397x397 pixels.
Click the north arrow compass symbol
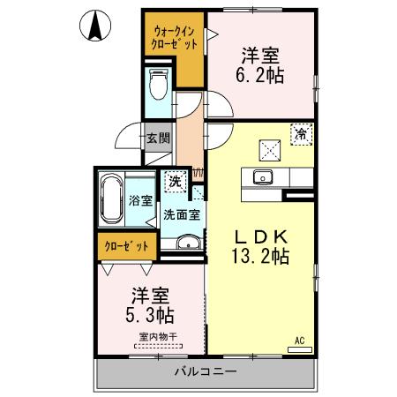[94, 26]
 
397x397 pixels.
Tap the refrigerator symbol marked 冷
[301, 135]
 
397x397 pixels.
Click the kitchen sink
[263, 176]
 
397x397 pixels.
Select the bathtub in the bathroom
[112, 199]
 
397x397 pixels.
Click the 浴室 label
[139, 200]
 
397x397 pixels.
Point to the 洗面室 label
[181, 213]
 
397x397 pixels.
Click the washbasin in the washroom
[185, 243]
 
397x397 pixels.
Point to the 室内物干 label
[157, 334]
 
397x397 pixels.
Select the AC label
[300, 340]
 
